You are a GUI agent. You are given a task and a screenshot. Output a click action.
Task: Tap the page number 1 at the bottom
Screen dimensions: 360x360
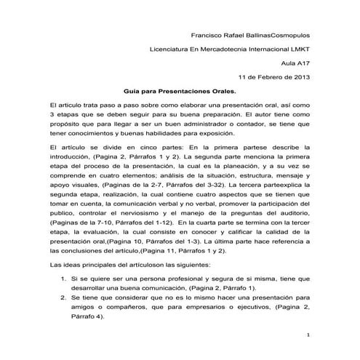point(308,335)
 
